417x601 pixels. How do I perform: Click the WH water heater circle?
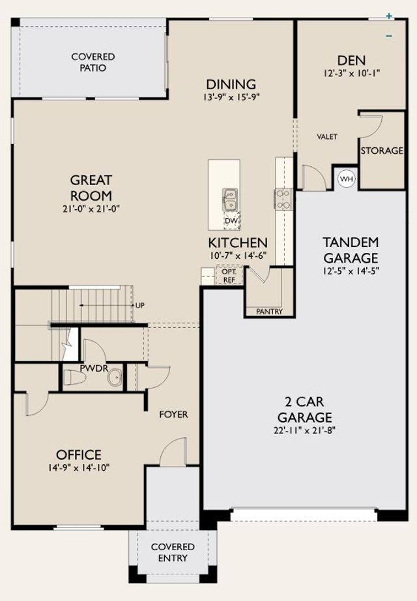pos(347,179)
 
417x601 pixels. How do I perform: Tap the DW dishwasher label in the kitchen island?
pos(231,221)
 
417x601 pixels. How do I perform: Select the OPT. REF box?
pos(229,276)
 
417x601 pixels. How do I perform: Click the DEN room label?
pos(351,60)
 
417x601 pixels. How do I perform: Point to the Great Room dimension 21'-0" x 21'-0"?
pos(91,209)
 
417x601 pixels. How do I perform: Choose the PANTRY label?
pos(269,312)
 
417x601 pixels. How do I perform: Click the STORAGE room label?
pos(382,151)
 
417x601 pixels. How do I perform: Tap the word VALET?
pos(327,136)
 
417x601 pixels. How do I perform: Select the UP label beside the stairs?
pos(140,306)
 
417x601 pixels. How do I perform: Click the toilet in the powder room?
pos(74,377)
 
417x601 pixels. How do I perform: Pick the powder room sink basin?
pos(115,378)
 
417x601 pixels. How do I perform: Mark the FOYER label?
pos(173,415)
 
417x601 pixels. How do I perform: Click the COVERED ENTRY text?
pos(173,552)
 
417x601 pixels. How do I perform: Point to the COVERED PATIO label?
pos(93,62)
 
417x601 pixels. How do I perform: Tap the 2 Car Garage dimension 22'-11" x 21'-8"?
pos(305,430)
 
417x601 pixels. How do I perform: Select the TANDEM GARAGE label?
pos(351,250)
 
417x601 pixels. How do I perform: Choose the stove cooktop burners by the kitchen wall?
pos(283,199)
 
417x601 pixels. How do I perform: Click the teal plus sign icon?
pos(389,16)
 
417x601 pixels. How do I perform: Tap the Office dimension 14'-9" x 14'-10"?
pos(79,467)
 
